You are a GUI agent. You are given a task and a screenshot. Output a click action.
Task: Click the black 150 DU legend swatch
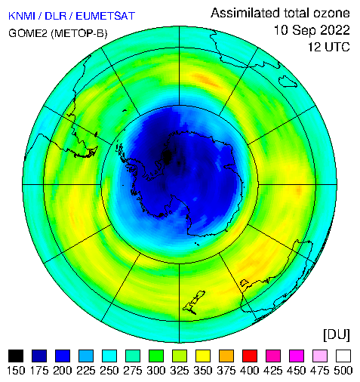(x=16, y=356)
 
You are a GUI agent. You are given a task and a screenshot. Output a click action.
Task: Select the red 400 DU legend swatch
(x=250, y=356)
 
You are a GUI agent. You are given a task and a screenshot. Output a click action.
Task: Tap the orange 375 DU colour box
(x=226, y=356)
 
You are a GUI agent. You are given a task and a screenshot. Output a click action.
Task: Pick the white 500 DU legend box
(x=343, y=356)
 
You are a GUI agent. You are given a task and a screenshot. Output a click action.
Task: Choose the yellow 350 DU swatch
(x=203, y=356)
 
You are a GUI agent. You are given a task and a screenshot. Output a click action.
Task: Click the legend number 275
(x=133, y=371)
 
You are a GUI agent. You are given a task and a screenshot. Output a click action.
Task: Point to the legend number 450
(x=297, y=371)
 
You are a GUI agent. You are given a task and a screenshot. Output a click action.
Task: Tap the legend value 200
(x=63, y=371)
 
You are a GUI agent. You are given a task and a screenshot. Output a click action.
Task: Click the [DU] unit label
(x=337, y=334)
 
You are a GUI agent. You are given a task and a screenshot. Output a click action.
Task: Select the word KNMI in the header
(x=22, y=16)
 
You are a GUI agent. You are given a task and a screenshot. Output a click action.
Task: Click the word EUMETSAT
(x=106, y=16)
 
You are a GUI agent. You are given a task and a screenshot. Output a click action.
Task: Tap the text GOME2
(x=28, y=33)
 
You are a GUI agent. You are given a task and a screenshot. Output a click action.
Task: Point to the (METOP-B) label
(x=79, y=33)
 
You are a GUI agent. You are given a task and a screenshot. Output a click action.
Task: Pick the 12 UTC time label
(x=329, y=47)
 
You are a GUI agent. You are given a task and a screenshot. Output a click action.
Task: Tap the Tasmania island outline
(x=288, y=82)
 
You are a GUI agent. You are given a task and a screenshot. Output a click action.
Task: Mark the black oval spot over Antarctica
(x=167, y=156)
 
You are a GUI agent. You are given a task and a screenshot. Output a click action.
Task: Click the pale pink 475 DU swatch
(x=320, y=356)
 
